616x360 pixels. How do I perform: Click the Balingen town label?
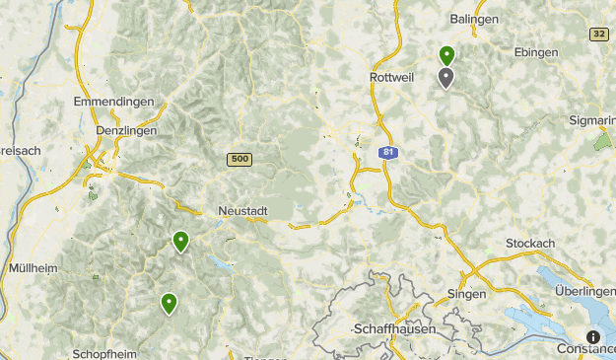click(474, 19)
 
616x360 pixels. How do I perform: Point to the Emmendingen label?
click(114, 102)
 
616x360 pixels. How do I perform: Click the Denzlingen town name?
click(124, 130)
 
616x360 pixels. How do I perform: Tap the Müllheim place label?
click(33, 267)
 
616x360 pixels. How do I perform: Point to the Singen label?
click(466, 294)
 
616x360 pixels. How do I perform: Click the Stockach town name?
click(530, 243)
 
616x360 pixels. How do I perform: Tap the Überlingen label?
click(585, 292)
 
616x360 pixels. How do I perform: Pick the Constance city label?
click(583, 348)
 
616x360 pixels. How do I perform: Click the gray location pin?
click(446, 78)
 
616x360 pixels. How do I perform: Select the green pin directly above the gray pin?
click(446, 56)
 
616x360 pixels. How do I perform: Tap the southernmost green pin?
click(170, 304)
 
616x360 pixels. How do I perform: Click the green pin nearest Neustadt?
click(180, 241)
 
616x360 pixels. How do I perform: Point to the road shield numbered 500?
click(239, 159)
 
